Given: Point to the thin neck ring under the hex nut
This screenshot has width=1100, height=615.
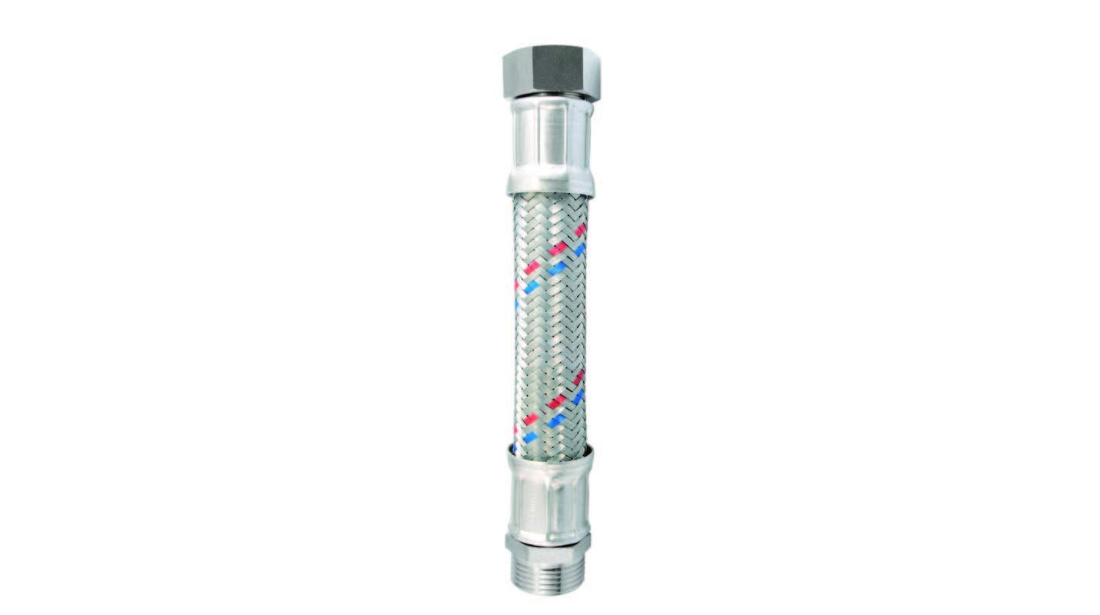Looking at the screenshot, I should [x=551, y=98].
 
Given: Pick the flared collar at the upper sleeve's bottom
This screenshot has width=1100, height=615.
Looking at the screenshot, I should [x=550, y=184].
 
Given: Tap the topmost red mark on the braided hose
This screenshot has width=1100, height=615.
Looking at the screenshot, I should [x=580, y=230].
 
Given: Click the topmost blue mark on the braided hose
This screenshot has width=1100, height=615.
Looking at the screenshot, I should [x=580, y=249].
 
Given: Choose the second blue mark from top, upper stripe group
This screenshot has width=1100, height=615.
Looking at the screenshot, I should [x=557, y=268].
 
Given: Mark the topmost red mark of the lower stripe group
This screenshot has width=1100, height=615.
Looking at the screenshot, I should [x=578, y=377].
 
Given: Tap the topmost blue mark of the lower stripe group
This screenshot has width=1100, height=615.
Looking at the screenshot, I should [x=578, y=396].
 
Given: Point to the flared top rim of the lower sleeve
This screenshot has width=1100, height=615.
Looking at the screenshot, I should [x=550, y=454].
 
